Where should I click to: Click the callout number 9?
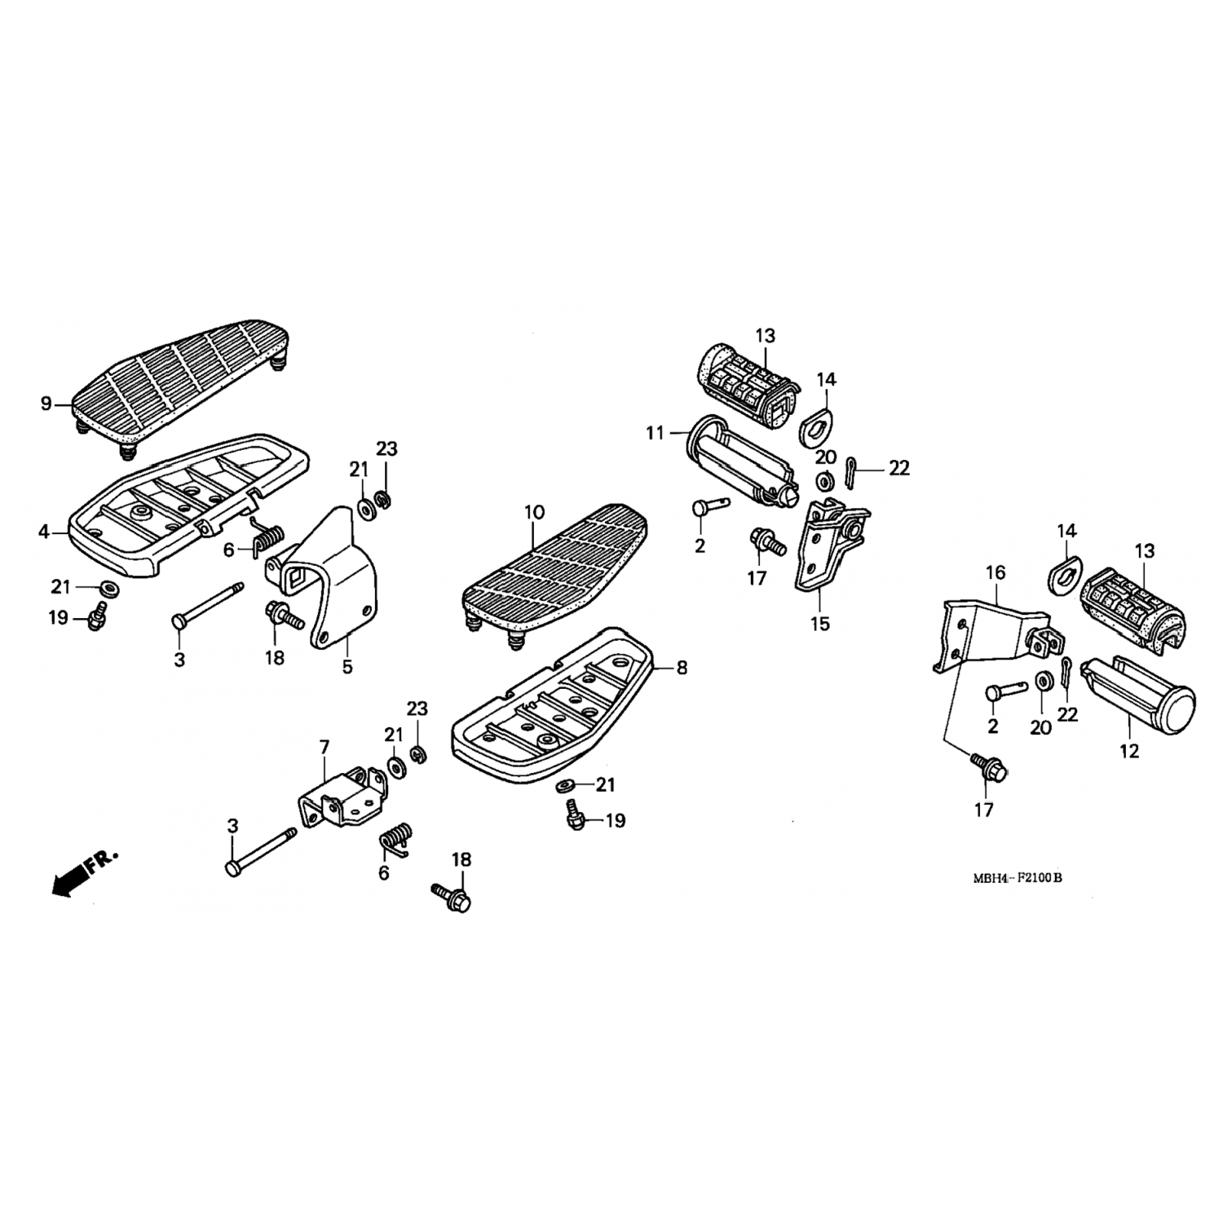(x=46, y=403)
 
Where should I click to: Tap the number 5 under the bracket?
(x=347, y=667)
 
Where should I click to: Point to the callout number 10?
(x=534, y=513)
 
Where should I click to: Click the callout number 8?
(x=682, y=668)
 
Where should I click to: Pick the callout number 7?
(x=325, y=747)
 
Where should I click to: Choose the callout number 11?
(x=656, y=433)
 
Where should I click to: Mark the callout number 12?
(x=1129, y=750)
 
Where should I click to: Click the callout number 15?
(x=820, y=624)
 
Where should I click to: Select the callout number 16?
(x=996, y=573)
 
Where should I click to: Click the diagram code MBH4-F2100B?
(x=1018, y=878)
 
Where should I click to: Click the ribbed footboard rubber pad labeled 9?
(x=181, y=385)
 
